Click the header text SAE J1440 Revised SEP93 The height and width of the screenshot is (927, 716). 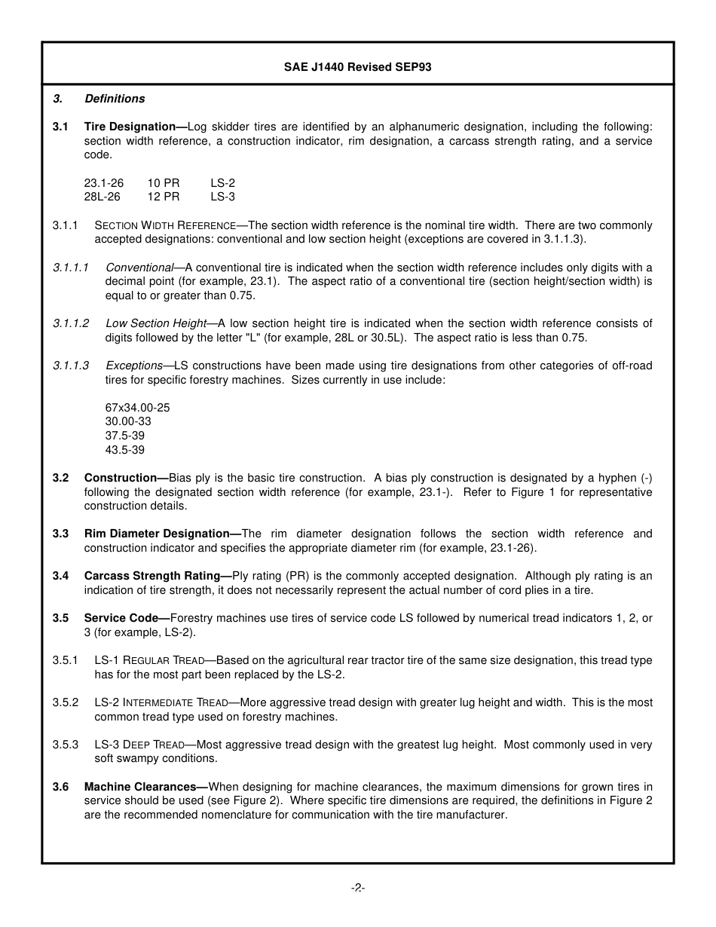(x=357, y=67)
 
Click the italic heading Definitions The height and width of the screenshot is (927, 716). (x=115, y=99)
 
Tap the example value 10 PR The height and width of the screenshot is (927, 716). (x=164, y=183)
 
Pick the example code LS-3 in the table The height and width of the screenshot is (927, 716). (x=223, y=197)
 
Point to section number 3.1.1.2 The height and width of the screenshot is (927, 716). (x=71, y=323)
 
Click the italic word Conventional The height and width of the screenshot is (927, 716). (x=139, y=268)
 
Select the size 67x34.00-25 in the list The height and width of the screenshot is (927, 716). (x=138, y=408)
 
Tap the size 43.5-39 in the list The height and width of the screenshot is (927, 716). (x=125, y=450)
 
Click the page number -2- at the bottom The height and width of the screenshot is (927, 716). (x=358, y=888)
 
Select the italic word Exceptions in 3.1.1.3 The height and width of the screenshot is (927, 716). (x=134, y=366)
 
